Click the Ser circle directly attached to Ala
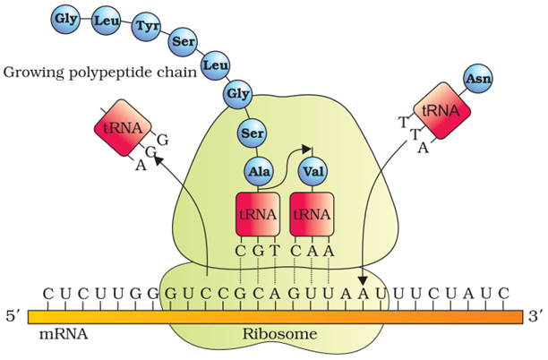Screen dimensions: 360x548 [252, 133]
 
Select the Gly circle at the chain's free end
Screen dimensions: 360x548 [65, 17]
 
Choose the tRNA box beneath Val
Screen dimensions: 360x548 [311, 215]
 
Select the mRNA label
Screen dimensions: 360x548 [58, 333]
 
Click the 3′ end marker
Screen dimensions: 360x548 [535, 316]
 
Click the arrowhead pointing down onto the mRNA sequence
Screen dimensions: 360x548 [363, 280]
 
